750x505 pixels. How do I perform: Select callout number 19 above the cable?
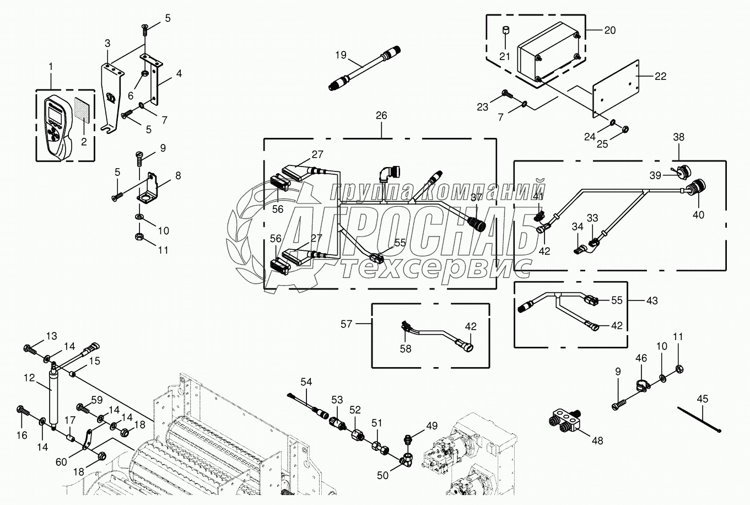click(x=342, y=55)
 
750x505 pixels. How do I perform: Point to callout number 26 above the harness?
click(x=381, y=116)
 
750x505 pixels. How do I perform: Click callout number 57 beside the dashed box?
click(x=346, y=324)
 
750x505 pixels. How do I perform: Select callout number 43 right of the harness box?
click(x=652, y=300)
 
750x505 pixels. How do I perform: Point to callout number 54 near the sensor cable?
click(x=306, y=382)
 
